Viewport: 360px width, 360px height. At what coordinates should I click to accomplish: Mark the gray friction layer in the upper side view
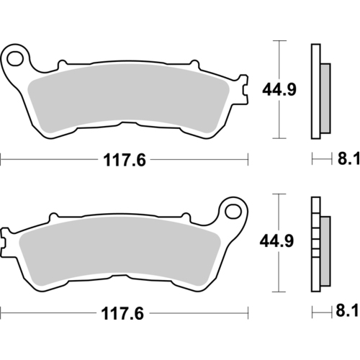[324, 96]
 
